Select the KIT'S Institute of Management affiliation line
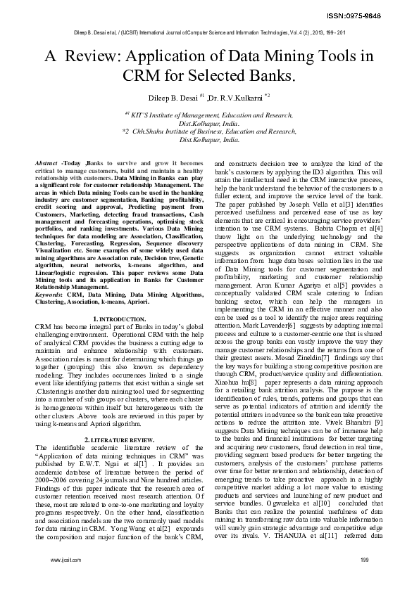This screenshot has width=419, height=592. click(x=209, y=114)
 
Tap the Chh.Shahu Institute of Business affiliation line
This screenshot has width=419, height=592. click(x=209, y=131)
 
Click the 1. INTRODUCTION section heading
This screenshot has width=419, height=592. click(x=120, y=320)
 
